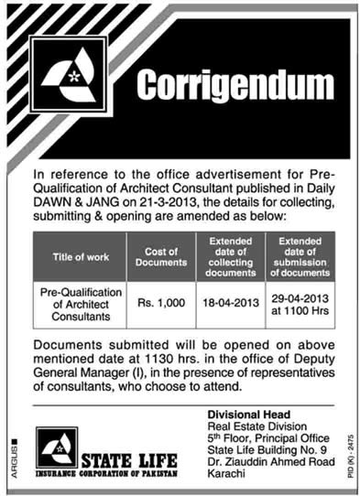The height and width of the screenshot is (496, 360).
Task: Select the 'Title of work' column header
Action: pyautogui.click(x=83, y=257)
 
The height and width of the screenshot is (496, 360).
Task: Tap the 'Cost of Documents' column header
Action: pyautogui.click(x=166, y=257)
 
